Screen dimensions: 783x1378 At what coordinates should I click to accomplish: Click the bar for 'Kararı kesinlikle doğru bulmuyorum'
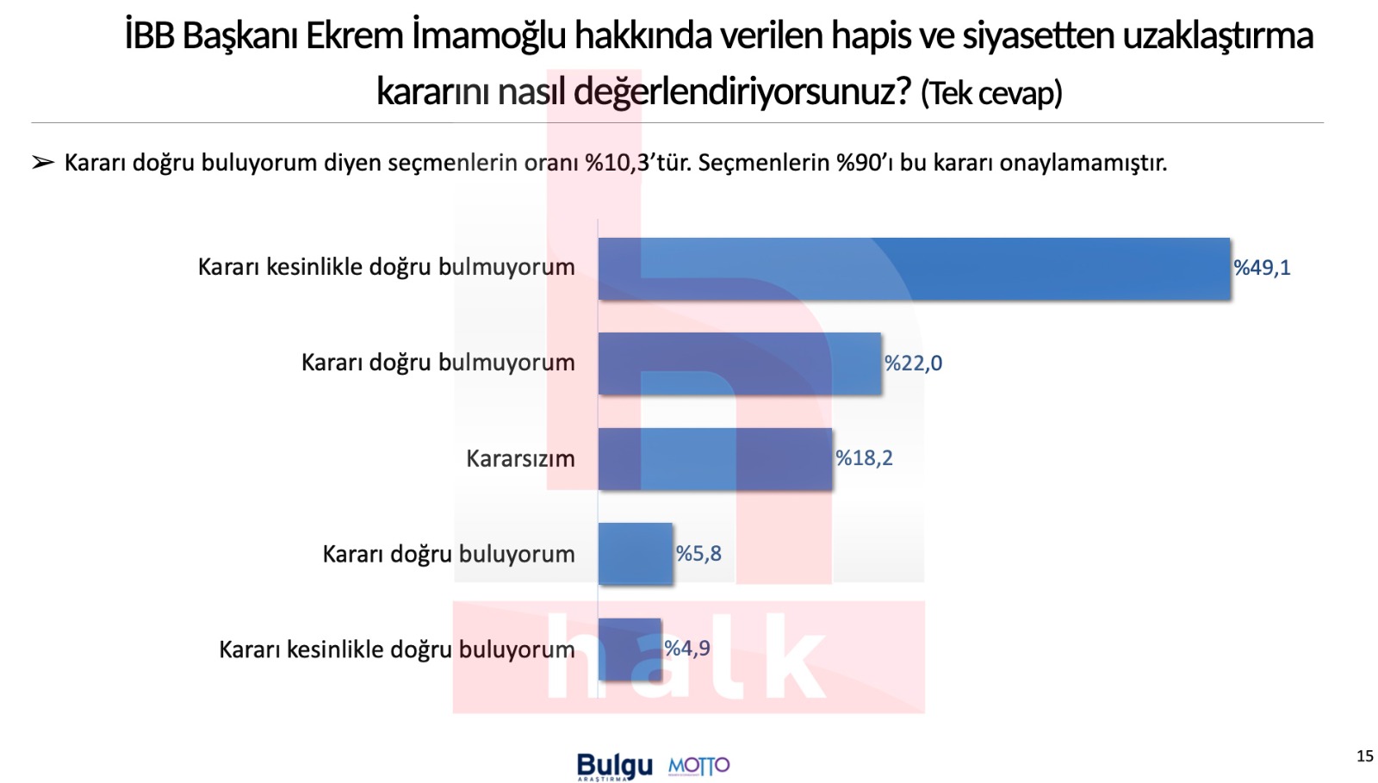(x=913, y=269)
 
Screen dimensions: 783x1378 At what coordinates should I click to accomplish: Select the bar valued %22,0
(x=739, y=364)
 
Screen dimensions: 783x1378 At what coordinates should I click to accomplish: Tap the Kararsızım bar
(x=715, y=459)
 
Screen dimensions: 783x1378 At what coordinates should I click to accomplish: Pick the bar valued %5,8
(x=635, y=554)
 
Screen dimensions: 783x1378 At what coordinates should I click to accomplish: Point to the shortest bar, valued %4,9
(x=630, y=649)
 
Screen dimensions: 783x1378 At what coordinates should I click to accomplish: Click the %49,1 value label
(x=1262, y=268)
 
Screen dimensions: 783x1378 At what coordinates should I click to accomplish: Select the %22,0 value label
(x=913, y=364)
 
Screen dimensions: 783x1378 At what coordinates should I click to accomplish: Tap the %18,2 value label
(x=864, y=458)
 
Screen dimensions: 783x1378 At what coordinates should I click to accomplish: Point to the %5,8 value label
(x=698, y=554)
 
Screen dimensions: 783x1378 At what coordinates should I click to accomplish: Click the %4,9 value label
(x=687, y=649)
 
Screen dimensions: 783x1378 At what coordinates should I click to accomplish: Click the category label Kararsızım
(x=520, y=458)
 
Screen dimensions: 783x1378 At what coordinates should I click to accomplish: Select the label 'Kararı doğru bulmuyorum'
(x=438, y=363)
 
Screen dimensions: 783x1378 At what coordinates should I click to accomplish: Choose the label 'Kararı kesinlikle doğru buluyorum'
(x=396, y=649)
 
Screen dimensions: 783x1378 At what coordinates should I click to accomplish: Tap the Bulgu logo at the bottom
(x=614, y=766)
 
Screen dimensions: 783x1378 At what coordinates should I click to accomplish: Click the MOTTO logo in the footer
(x=698, y=766)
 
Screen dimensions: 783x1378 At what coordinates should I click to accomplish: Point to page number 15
(x=1364, y=756)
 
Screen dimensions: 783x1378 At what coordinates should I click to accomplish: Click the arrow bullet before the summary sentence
(x=43, y=163)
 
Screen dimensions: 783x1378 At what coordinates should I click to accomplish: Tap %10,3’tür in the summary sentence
(x=637, y=163)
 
